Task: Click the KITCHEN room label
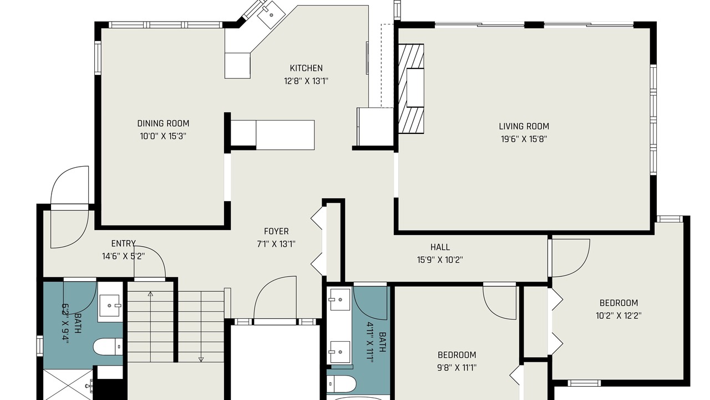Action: pyautogui.click(x=306, y=68)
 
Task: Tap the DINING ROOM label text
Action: pyautogui.click(x=163, y=123)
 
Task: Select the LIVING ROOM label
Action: pyautogui.click(x=524, y=126)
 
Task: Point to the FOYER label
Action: pyautogui.click(x=276, y=232)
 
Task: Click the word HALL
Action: pyautogui.click(x=440, y=247)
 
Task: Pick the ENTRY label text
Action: pyautogui.click(x=123, y=243)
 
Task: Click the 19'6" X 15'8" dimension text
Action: pyautogui.click(x=524, y=139)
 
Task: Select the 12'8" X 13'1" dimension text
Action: pyautogui.click(x=306, y=81)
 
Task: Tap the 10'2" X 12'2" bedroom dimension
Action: pyautogui.click(x=618, y=316)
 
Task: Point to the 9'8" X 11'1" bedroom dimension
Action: pyautogui.click(x=457, y=368)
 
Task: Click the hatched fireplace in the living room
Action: pyautogui.click(x=411, y=88)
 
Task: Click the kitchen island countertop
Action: pyautogui.click(x=272, y=135)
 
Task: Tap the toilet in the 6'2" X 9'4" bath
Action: pyautogui.click(x=108, y=347)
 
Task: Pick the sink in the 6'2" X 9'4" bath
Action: pyautogui.click(x=110, y=306)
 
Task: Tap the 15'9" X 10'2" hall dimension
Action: pyautogui.click(x=440, y=260)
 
